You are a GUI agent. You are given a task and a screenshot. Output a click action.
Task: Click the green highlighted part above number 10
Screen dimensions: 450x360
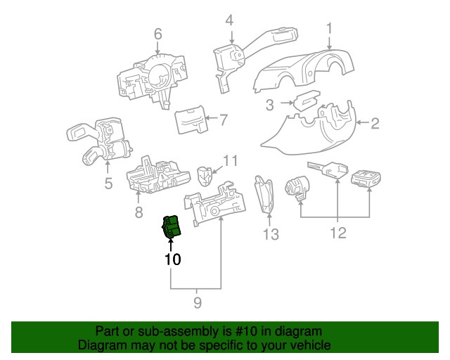pos(172,227)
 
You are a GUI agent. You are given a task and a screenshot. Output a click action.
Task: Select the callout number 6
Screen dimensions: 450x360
pos(157,34)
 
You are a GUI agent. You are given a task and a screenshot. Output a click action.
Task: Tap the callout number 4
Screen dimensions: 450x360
pos(230,20)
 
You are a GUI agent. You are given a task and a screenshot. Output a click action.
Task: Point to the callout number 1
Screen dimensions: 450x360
pos(330,28)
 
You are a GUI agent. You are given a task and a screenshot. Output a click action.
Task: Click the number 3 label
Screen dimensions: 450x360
pos(270,105)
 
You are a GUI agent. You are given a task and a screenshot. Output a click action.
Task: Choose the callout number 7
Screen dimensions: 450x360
pos(224,120)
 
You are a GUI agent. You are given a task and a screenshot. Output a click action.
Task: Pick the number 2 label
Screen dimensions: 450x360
pos(375,124)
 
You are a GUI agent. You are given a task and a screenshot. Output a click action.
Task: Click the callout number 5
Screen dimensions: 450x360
pos(108,183)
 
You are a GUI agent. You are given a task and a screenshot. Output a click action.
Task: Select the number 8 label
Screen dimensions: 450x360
pos(139,212)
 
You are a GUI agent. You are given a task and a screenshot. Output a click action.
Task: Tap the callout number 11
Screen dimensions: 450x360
pos(231,161)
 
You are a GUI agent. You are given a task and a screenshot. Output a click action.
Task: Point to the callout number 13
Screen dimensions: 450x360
pos(271,234)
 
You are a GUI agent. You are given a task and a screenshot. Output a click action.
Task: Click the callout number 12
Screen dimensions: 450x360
pos(338,233)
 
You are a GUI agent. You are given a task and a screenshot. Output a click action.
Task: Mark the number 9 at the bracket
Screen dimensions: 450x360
pos(198,302)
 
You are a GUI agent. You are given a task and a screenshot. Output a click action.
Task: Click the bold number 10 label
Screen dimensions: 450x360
pos(173,259)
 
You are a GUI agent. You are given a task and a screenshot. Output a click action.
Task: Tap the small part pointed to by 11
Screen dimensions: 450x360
pos(205,176)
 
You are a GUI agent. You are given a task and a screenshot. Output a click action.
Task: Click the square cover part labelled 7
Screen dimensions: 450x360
pos(192,120)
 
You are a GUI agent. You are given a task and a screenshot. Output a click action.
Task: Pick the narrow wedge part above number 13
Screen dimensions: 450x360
pos(264,197)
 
